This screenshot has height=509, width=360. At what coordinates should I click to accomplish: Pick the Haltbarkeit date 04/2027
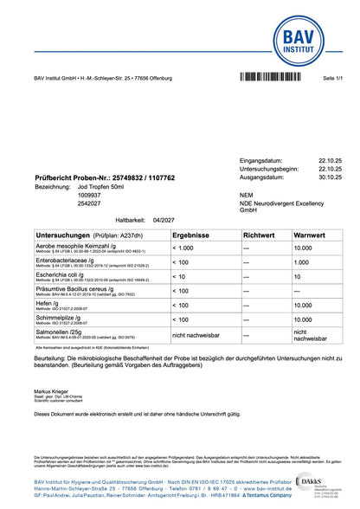(x=163, y=221)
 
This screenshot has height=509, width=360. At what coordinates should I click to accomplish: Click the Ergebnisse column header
(x=193, y=235)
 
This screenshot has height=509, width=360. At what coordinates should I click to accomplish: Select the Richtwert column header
(x=259, y=235)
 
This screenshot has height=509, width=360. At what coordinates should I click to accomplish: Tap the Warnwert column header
(x=310, y=235)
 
